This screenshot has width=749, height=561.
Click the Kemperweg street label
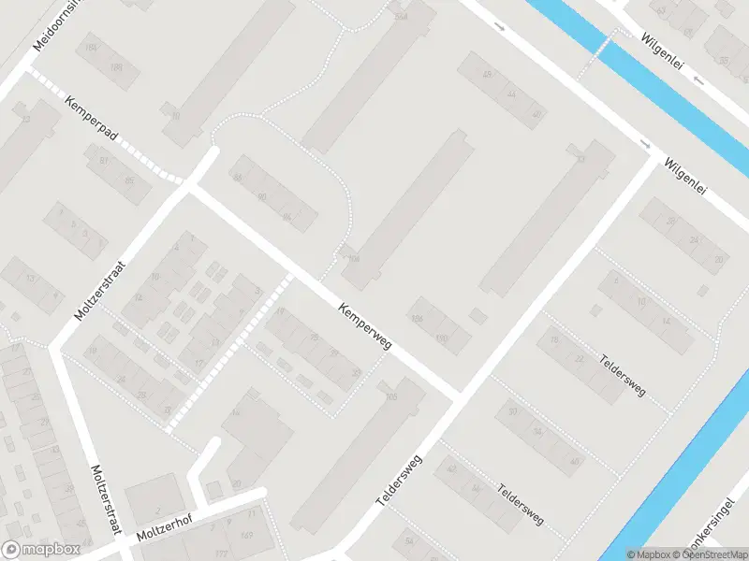366,325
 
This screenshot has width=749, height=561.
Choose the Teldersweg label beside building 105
401,481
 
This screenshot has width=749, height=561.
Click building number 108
352,258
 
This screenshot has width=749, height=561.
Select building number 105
390,396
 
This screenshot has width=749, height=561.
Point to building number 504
402,17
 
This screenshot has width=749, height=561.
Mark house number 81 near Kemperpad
103,161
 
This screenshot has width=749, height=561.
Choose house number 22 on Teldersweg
580,359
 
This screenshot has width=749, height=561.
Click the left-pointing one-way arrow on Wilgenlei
699,80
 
